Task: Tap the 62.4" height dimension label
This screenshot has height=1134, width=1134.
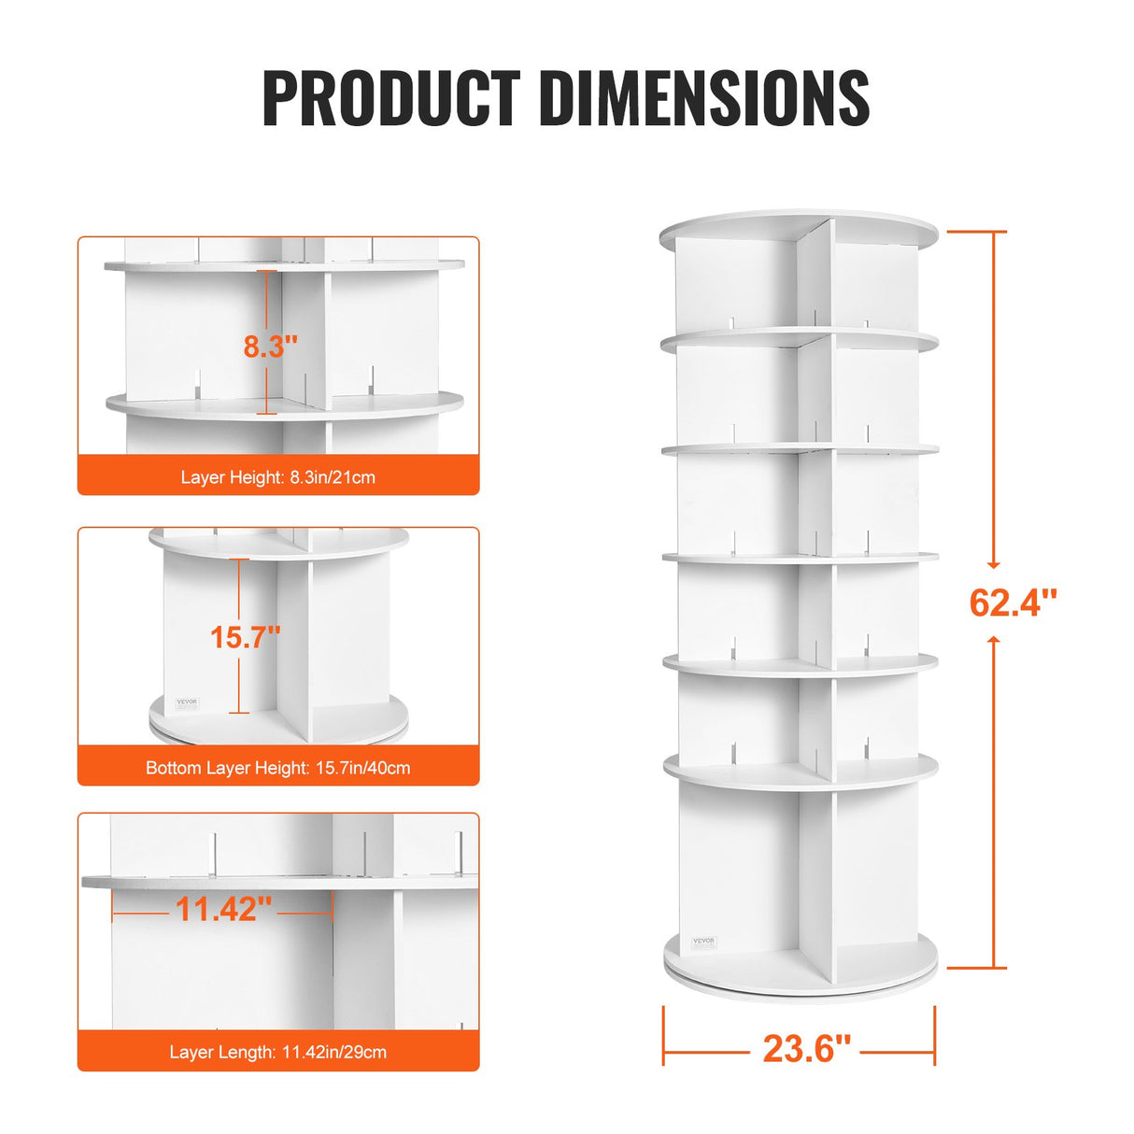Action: tap(1013, 602)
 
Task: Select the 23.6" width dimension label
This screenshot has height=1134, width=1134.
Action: tap(807, 1048)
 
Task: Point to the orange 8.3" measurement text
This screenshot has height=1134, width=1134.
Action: tap(271, 346)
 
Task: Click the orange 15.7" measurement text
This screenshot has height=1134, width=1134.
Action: tap(245, 637)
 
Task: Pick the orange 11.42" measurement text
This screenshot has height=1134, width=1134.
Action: tap(224, 908)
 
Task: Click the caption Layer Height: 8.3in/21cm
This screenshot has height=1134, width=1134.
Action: tap(278, 477)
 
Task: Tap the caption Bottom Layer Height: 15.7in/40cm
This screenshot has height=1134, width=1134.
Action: tap(278, 768)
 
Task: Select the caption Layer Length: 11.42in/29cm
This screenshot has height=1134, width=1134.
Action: tap(278, 1052)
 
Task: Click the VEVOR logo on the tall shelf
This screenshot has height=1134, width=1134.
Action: tap(703, 942)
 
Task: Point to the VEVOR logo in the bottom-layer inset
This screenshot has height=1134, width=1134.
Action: tap(188, 702)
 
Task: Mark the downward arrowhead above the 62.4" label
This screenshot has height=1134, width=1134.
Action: tap(994, 563)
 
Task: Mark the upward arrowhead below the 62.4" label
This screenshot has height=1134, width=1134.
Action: tap(994, 641)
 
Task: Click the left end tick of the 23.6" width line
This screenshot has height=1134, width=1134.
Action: tap(664, 1035)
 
